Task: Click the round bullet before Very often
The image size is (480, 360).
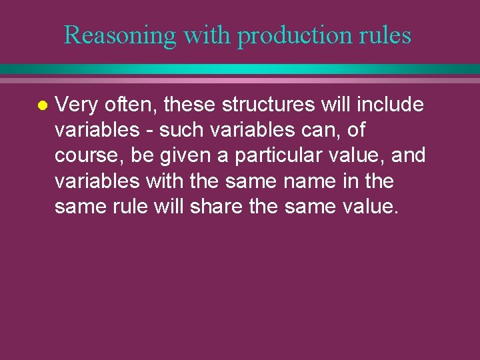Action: point(41,105)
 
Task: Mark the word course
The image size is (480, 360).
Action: point(85,156)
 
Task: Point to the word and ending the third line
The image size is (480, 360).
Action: point(408,156)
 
